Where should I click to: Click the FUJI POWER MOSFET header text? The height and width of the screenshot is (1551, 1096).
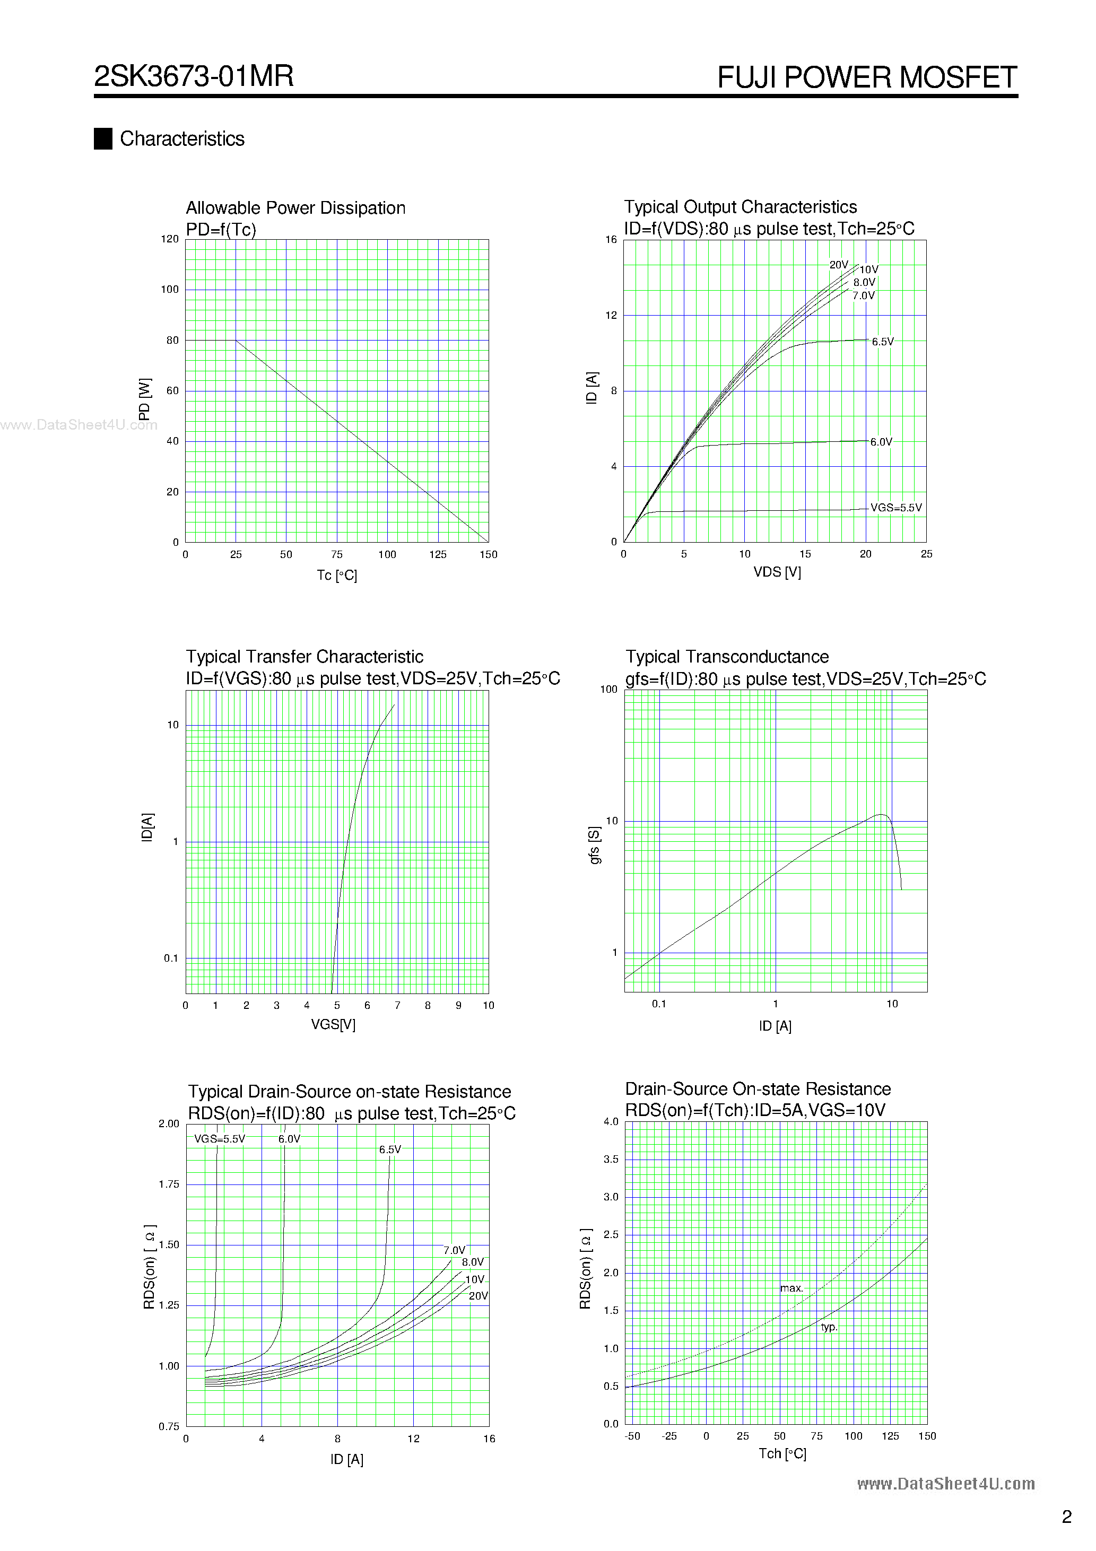tap(866, 77)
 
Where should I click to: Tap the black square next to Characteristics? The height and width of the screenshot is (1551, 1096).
tap(103, 138)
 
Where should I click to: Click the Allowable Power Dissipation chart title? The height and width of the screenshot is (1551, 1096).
tap(295, 208)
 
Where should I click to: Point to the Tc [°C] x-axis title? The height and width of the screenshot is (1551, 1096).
tap(336, 575)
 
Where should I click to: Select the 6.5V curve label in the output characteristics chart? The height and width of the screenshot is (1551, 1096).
tap(882, 342)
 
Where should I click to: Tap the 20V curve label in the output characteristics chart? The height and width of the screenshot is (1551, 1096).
tap(839, 265)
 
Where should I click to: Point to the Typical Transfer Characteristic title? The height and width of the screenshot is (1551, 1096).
tap(304, 657)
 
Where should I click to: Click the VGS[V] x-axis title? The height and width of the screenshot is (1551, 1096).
tap(333, 1024)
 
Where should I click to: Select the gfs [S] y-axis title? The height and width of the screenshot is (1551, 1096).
tap(595, 844)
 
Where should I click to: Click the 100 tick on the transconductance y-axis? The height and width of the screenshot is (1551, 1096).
tap(609, 689)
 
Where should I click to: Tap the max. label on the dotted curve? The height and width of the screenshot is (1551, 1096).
tap(791, 1288)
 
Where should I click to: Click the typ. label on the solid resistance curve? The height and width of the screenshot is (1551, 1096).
tap(829, 1327)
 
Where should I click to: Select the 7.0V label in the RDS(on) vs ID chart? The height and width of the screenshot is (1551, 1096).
tap(454, 1250)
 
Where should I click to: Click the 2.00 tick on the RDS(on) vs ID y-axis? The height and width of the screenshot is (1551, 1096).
tap(169, 1123)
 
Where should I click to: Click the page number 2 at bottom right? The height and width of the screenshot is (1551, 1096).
tap(1066, 1517)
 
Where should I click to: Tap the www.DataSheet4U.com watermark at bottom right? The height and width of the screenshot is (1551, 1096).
tap(945, 1484)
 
